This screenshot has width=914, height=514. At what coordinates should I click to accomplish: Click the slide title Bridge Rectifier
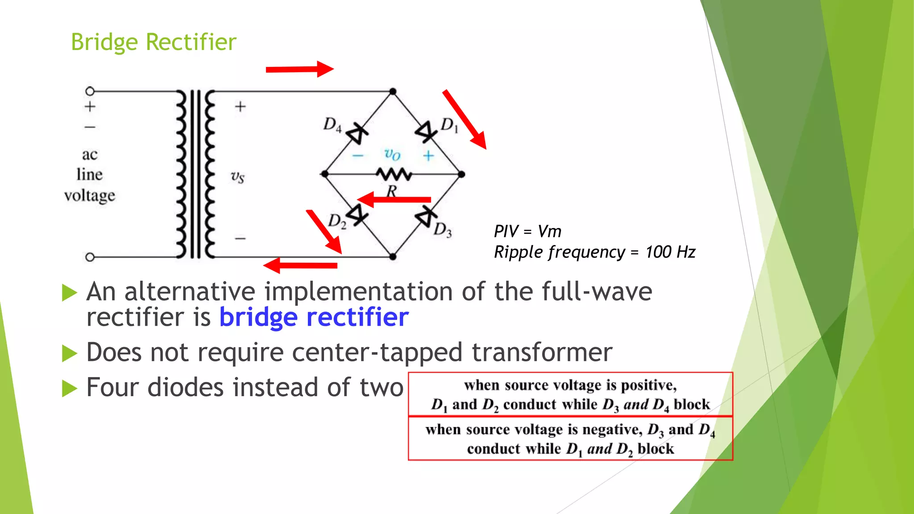(154, 42)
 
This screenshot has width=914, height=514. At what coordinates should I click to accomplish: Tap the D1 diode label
(449, 125)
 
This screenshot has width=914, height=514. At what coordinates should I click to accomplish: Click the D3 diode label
(442, 230)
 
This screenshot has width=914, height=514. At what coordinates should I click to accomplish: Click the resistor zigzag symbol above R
(394, 174)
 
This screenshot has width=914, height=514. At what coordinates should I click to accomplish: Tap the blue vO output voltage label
(392, 154)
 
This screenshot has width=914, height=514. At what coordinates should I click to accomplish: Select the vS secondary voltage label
(237, 177)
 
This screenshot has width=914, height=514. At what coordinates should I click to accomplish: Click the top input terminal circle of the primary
(90, 91)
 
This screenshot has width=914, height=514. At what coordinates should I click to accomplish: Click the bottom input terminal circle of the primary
(90, 257)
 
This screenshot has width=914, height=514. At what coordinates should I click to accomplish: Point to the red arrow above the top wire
(299, 69)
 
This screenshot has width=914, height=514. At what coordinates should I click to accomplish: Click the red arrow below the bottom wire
(300, 265)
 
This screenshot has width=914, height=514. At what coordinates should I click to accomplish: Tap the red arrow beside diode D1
(464, 119)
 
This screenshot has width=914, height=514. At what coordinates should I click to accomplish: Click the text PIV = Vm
(527, 232)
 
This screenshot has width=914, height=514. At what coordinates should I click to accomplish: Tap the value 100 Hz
(670, 252)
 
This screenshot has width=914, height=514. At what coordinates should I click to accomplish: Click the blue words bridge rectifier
(314, 317)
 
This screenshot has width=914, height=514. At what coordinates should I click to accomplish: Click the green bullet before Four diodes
(70, 388)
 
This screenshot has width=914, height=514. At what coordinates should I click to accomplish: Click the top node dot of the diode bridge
(393, 91)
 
